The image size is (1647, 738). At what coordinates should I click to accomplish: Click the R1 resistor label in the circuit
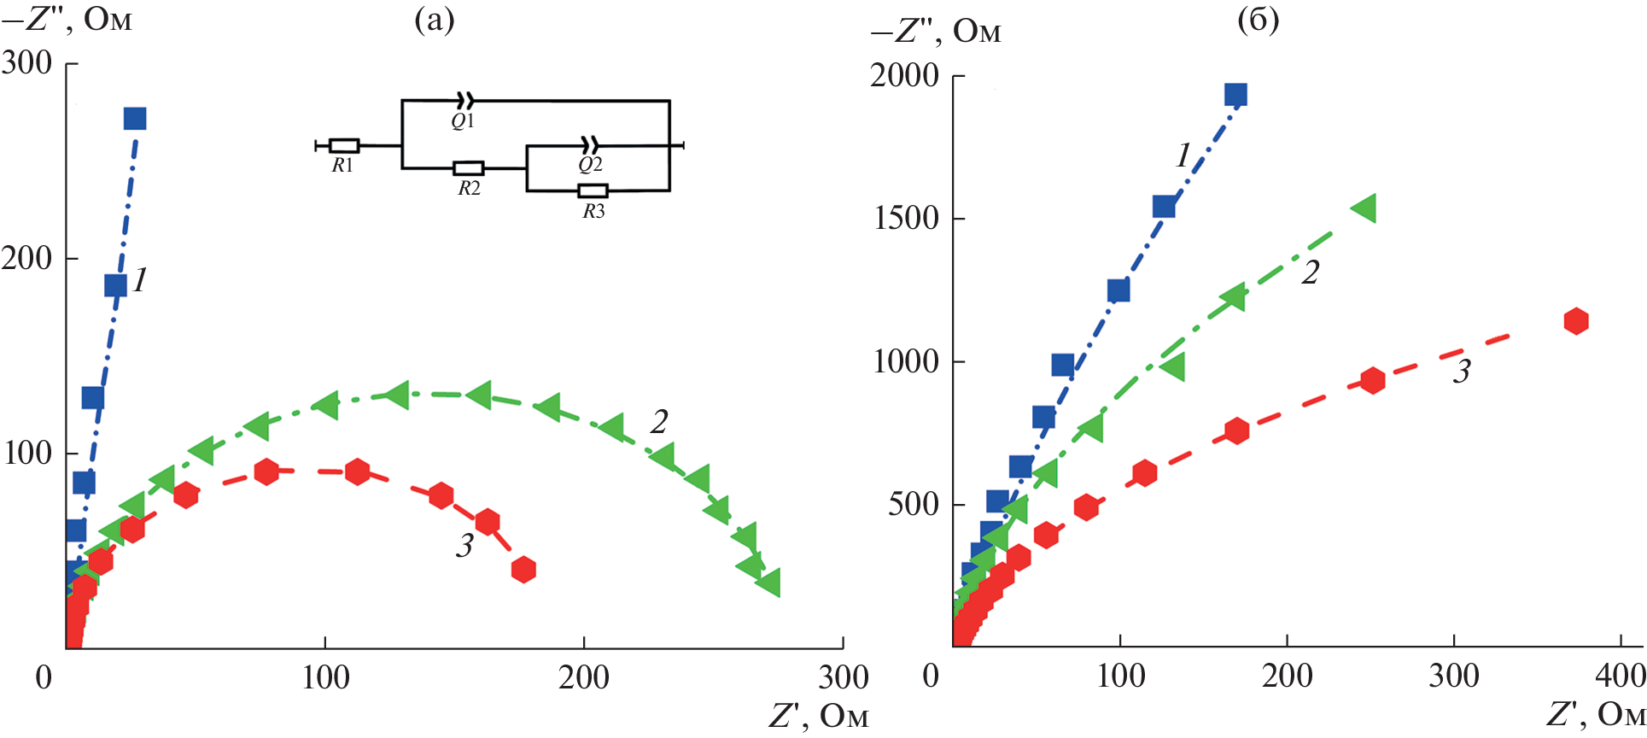[342, 166]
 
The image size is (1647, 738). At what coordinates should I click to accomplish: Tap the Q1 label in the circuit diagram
[463, 121]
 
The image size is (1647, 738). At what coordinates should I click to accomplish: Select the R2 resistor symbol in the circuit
[468, 168]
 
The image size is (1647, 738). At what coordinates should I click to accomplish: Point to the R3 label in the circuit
[593, 212]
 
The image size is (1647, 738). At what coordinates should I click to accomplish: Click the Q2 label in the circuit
[590, 165]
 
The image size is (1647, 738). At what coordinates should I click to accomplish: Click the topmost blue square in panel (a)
[135, 119]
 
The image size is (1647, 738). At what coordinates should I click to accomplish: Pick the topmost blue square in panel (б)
[1235, 95]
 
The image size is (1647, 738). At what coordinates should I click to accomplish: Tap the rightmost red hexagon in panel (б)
[1576, 321]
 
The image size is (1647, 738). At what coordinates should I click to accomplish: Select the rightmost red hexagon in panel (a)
[523, 569]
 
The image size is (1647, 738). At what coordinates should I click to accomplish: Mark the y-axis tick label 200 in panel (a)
[26, 258]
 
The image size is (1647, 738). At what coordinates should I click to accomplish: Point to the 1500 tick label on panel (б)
[906, 219]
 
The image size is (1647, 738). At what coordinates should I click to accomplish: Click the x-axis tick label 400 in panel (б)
[1620, 676]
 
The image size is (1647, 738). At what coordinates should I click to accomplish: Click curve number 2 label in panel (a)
[658, 421]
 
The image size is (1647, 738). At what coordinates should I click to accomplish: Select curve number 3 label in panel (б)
[1462, 371]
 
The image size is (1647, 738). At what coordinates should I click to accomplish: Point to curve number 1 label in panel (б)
[1183, 155]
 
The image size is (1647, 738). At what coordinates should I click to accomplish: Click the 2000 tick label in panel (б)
[904, 76]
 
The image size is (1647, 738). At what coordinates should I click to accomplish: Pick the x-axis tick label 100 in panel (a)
[325, 678]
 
